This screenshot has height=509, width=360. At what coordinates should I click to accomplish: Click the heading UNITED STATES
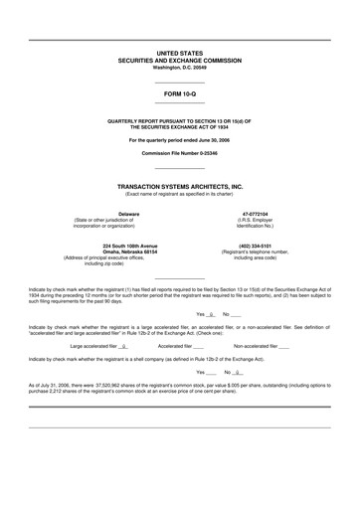(x=180, y=52)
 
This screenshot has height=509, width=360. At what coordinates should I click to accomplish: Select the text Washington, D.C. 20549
(x=180, y=67)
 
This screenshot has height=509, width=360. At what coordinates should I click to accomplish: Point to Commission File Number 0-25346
(x=180, y=154)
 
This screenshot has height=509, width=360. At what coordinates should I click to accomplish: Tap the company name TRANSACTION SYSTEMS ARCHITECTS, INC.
(x=180, y=186)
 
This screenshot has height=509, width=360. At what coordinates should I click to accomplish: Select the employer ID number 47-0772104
(x=256, y=213)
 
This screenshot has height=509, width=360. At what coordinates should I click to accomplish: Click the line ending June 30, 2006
(x=180, y=140)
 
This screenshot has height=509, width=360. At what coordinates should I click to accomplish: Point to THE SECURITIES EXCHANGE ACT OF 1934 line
(x=180, y=126)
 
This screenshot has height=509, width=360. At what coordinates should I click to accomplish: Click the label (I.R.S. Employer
(x=256, y=219)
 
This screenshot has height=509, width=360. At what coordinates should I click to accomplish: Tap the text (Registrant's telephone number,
(x=256, y=252)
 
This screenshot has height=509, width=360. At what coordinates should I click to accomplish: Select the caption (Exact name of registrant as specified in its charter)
(x=180, y=193)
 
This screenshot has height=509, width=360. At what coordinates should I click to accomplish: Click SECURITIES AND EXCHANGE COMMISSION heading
(x=180, y=60)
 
